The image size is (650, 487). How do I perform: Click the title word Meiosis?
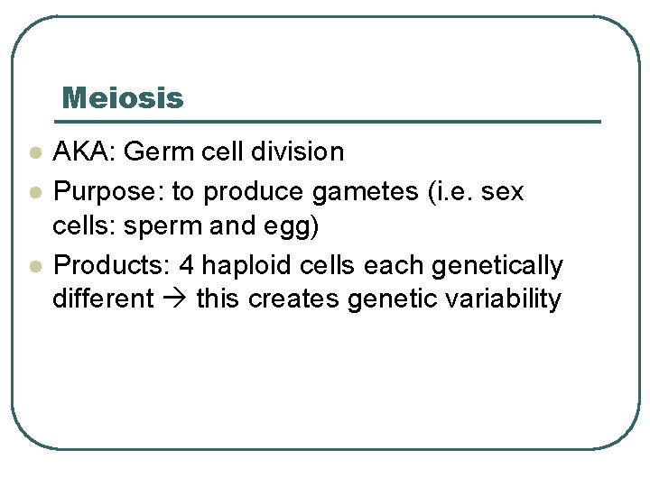point(123,97)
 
